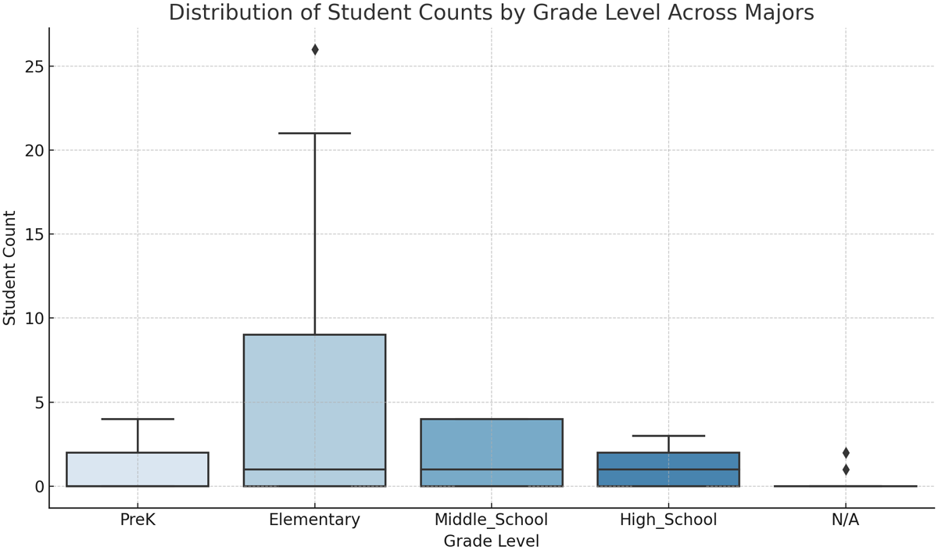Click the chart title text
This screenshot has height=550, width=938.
tap(491, 13)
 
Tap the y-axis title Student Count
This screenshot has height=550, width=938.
tap(10, 268)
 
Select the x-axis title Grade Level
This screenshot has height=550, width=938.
tap(491, 541)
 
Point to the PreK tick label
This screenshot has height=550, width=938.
tap(138, 520)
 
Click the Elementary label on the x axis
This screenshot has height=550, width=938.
tap(314, 520)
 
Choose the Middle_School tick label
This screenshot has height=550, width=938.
tap(491, 520)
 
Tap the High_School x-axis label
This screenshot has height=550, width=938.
tap(668, 520)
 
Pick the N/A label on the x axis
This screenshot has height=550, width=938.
tap(845, 520)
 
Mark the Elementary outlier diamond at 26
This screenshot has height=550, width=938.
tap(315, 50)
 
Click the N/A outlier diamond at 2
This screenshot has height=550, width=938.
tap(846, 453)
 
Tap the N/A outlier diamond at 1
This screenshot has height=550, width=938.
tap(846, 470)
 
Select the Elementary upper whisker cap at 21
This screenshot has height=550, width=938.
tap(315, 134)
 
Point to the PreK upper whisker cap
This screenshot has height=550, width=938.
tap(138, 420)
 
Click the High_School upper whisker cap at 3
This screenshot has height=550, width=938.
tap(668, 436)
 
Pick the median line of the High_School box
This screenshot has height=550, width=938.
tap(668, 470)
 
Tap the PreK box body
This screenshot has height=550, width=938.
tap(138, 470)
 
